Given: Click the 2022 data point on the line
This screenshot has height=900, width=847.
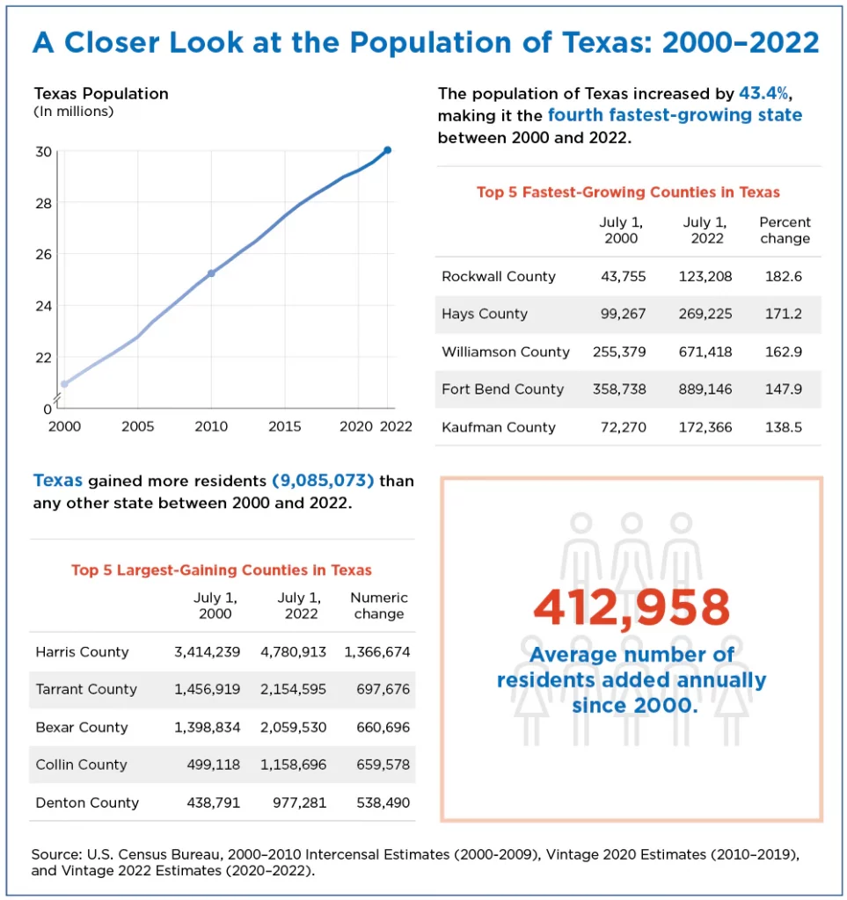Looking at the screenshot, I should click(x=387, y=150).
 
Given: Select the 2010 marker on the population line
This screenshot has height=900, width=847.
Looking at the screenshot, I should click(x=211, y=273).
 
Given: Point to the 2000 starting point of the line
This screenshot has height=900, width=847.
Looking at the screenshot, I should click(x=64, y=384).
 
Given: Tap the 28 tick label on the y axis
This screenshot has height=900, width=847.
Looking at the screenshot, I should click(x=43, y=203).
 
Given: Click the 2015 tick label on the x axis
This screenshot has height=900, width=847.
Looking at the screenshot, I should click(x=284, y=427).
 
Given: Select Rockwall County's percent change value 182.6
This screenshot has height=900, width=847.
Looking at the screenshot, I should click(x=785, y=277).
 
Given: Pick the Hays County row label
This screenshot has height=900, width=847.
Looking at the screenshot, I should click(x=485, y=315).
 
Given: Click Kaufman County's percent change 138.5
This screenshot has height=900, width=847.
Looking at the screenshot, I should click(x=785, y=427).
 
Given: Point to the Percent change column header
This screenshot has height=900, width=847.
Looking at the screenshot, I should click(x=785, y=230).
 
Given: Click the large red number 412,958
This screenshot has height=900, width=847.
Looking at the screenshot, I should click(x=632, y=607).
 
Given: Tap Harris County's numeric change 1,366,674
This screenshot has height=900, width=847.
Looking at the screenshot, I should click(x=377, y=652).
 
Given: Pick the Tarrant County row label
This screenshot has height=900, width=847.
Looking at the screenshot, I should click(x=86, y=690).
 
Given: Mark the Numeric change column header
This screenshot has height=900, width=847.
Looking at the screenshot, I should click(x=379, y=606).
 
